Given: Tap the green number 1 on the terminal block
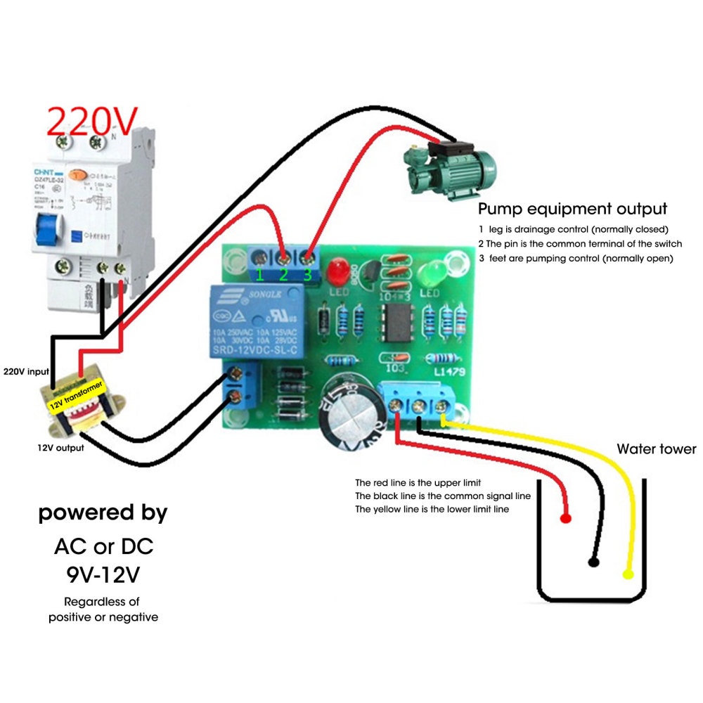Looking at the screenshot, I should pyautogui.click(x=260, y=275).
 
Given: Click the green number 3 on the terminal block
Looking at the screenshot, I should pyautogui.click(x=308, y=275).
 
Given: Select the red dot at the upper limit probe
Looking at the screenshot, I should pyautogui.click(x=565, y=519).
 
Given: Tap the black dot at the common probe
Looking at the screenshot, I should pyautogui.click(x=594, y=562).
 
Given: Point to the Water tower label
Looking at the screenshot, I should pyautogui.click(x=656, y=449).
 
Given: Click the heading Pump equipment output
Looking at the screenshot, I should pyautogui.click(x=572, y=209).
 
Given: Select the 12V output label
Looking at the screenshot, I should pyautogui.click(x=60, y=447).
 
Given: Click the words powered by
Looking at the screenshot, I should pyautogui.click(x=103, y=512).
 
